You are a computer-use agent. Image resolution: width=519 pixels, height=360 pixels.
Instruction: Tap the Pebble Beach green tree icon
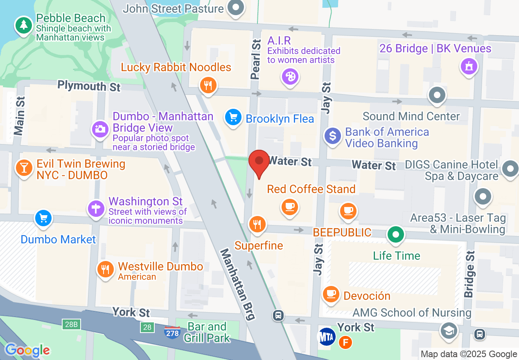coord(24,25)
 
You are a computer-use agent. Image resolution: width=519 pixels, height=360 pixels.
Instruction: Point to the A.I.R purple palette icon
coord(290,76)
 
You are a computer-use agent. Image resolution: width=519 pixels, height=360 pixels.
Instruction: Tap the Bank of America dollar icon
coord(333,136)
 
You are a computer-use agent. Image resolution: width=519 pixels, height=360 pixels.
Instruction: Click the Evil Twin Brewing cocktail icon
coord(24,167)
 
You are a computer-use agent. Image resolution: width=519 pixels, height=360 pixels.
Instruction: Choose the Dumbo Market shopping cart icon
coord(44,218)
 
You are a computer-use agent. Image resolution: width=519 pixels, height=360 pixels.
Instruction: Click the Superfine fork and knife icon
coord(257,224)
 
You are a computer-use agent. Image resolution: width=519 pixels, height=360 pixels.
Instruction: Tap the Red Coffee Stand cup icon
coord(290,206)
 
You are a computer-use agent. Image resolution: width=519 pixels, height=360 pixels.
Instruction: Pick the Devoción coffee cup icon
coord(331,293)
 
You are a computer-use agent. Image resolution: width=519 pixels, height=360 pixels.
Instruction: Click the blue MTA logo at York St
coord(327,337)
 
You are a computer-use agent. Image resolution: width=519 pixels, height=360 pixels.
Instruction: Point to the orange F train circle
coord(345,342)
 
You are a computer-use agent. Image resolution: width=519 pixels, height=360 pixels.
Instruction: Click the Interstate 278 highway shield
coord(172,333)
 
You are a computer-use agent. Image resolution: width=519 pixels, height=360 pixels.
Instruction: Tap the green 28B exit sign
coord(70,325)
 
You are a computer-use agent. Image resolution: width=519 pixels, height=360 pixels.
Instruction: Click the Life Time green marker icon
coord(396,235)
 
